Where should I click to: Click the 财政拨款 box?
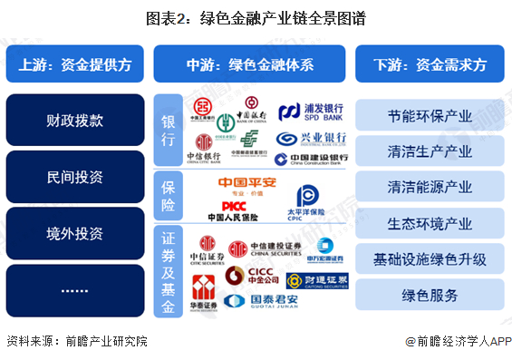pyautogui.click(x=74, y=119)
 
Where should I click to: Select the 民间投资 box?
pyautogui.click(x=74, y=176)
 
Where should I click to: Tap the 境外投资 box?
pyautogui.click(x=74, y=233)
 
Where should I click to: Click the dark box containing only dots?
pyautogui.click(x=74, y=290)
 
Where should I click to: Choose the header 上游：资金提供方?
pyautogui.click(x=74, y=64)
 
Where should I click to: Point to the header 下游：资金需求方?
pyautogui.click(x=430, y=64)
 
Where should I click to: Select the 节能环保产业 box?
pyautogui.click(x=430, y=115)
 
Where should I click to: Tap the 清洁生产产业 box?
pyautogui.click(x=430, y=151)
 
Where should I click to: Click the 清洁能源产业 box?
pyautogui.click(x=430, y=188)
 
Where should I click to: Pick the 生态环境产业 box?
pyautogui.click(x=430, y=223)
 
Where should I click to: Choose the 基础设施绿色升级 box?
pyautogui.click(x=430, y=259)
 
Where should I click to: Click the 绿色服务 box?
pyautogui.click(x=430, y=295)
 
